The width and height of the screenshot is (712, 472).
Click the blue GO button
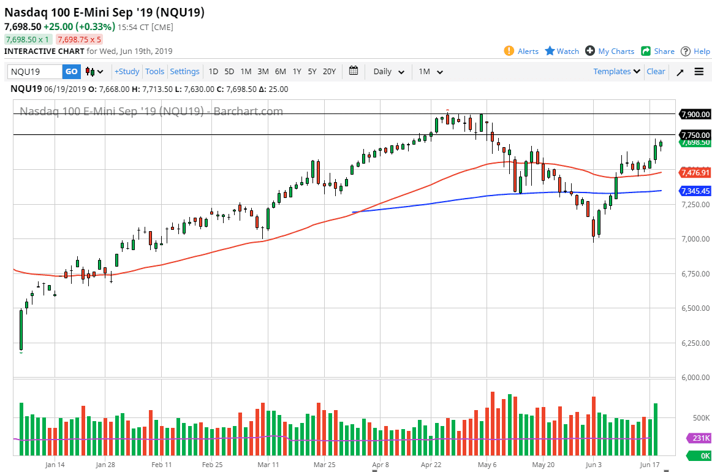point(72,72)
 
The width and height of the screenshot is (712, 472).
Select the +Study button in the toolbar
point(127,72)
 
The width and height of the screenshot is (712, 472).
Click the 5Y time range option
point(312,72)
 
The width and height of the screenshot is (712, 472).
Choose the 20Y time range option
point(329,72)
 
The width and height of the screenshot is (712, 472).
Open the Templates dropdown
point(616,72)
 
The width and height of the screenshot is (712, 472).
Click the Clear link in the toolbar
point(656,72)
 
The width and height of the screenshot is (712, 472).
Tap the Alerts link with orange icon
point(521,51)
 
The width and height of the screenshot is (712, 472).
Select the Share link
point(658,51)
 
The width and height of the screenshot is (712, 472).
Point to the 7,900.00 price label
point(695,114)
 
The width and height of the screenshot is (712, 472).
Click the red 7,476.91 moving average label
point(695,173)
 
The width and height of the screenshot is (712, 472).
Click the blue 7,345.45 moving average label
point(695,191)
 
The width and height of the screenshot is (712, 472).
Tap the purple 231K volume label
point(699,438)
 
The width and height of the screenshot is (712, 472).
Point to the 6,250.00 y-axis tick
point(695,343)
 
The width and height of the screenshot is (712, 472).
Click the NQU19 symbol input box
point(35,72)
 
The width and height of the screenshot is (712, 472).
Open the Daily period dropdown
point(388,72)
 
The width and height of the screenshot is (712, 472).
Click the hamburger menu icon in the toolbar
point(699,72)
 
